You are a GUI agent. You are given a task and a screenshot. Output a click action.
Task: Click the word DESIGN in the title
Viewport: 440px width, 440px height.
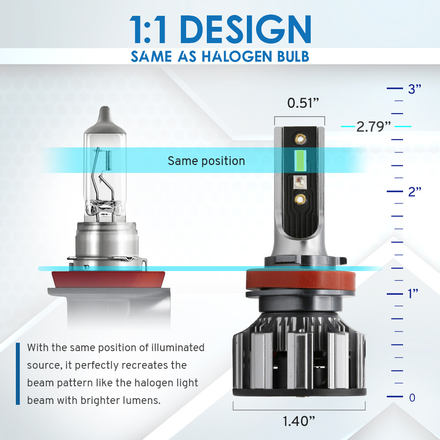coord(246,29)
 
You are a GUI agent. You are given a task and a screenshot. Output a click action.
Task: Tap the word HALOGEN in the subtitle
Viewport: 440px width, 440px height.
coord(237,56)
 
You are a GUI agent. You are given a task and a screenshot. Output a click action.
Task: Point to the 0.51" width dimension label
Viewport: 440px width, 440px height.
coord(303,103)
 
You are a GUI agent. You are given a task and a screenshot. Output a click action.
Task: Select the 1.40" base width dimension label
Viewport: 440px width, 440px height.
coord(299,421)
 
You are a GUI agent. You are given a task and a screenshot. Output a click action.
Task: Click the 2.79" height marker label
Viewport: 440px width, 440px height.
coord(374,127)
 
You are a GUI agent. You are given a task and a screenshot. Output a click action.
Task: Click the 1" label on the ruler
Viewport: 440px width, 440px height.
coord(413,294)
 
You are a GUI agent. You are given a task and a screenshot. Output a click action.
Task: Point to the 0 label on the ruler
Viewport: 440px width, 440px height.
coord(412,397)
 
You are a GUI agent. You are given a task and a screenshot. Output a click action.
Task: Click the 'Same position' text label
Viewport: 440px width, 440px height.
coord(206,161)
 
